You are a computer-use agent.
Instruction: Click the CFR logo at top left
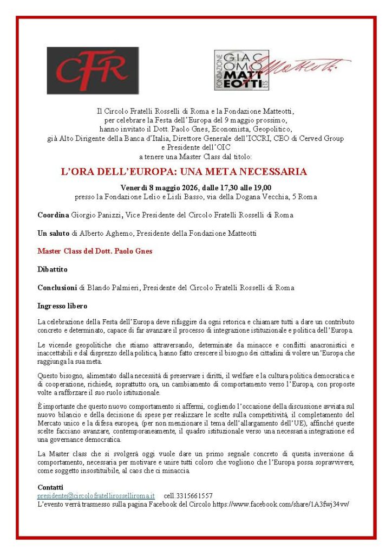[92, 70]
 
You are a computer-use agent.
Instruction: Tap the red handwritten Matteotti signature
[309, 66]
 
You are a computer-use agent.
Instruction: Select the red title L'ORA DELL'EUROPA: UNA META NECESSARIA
[184, 172]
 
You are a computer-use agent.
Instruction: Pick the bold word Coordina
[53, 215]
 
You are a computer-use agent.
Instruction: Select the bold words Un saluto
[54, 233]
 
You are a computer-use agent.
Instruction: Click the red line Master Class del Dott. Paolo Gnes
[95, 251]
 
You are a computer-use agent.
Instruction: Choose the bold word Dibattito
[53, 269]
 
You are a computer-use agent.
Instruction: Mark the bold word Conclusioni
[57, 287]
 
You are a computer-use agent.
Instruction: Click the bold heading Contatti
[50, 487]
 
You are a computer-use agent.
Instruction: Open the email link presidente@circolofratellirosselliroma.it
[96, 496]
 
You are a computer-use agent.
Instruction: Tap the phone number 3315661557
[195, 496]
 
